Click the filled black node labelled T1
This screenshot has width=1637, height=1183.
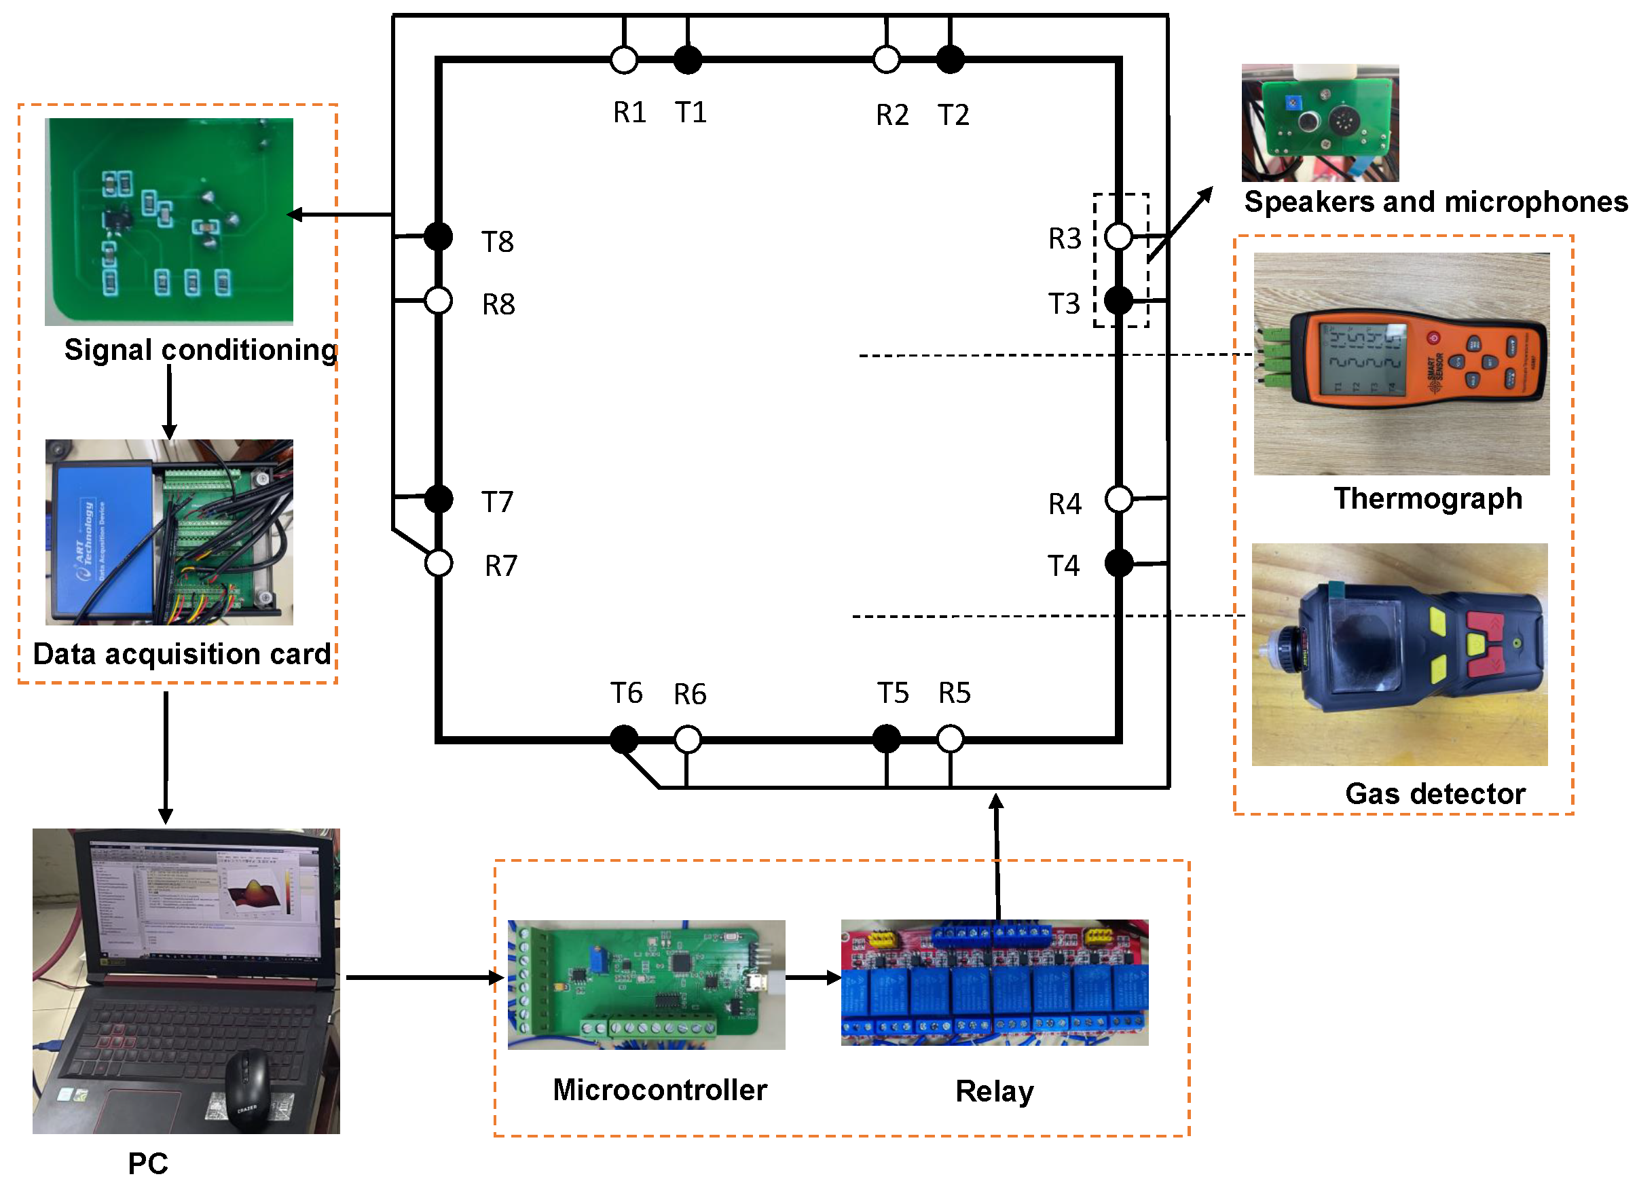click(687, 59)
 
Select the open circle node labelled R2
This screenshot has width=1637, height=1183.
click(885, 59)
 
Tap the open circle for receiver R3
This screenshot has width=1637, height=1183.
click(1118, 236)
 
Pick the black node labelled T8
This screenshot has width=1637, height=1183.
click(438, 236)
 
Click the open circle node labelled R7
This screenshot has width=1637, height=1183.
click(438, 563)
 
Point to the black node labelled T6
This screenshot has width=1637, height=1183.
click(623, 739)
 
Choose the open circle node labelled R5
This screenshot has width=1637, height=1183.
click(950, 738)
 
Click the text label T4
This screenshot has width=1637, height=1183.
click(1063, 566)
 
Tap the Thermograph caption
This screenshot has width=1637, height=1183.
click(1427, 498)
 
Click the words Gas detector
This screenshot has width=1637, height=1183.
click(1434, 794)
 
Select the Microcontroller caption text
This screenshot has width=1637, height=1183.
click(659, 1090)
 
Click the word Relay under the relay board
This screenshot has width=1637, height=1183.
click(994, 1091)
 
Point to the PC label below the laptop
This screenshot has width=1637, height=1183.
click(147, 1163)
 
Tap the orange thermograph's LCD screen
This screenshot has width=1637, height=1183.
click(1361, 359)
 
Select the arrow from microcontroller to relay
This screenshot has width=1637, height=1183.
click(813, 978)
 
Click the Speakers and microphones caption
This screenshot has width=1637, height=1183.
click(1435, 202)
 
